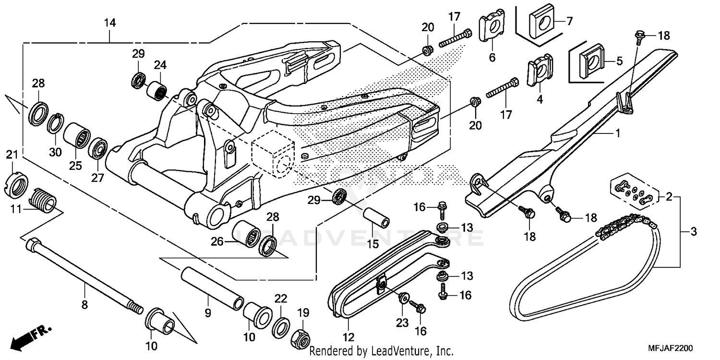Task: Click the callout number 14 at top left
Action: coord(110,23)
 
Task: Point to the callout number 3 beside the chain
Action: coord(693,232)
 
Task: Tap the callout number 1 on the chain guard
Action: coord(617,134)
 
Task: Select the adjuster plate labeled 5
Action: coord(590,60)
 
